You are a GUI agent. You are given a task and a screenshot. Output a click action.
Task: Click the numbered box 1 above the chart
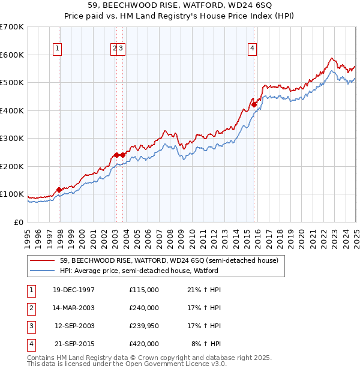(58, 49)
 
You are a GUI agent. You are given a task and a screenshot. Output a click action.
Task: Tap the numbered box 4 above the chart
(253, 49)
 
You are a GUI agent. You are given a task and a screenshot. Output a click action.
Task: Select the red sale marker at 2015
(254, 104)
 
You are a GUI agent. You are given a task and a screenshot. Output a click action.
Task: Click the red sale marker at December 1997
(59, 190)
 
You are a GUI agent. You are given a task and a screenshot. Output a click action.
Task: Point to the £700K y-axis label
(12, 27)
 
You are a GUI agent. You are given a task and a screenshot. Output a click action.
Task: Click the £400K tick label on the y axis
(12, 110)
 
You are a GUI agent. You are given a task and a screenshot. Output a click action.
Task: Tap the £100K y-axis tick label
(12, 194)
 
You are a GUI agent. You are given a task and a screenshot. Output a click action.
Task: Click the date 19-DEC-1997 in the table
(74, 290)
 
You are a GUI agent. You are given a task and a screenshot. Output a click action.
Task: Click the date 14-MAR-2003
(74, 308)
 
